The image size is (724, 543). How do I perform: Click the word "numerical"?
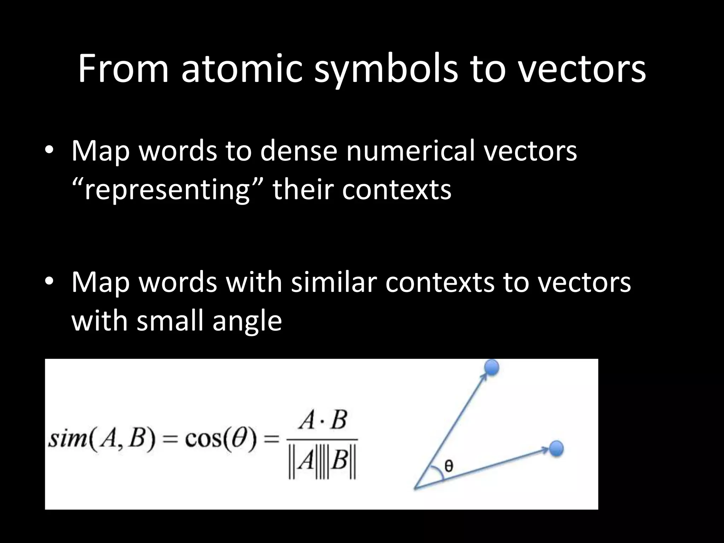click(410, 151)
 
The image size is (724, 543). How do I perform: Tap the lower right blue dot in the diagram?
click(556, 449)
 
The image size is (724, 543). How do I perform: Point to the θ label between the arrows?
click(449, 466)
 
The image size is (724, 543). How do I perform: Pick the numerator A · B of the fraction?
click(322, 421)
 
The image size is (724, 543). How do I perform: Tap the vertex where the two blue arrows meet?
click(415, 489)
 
